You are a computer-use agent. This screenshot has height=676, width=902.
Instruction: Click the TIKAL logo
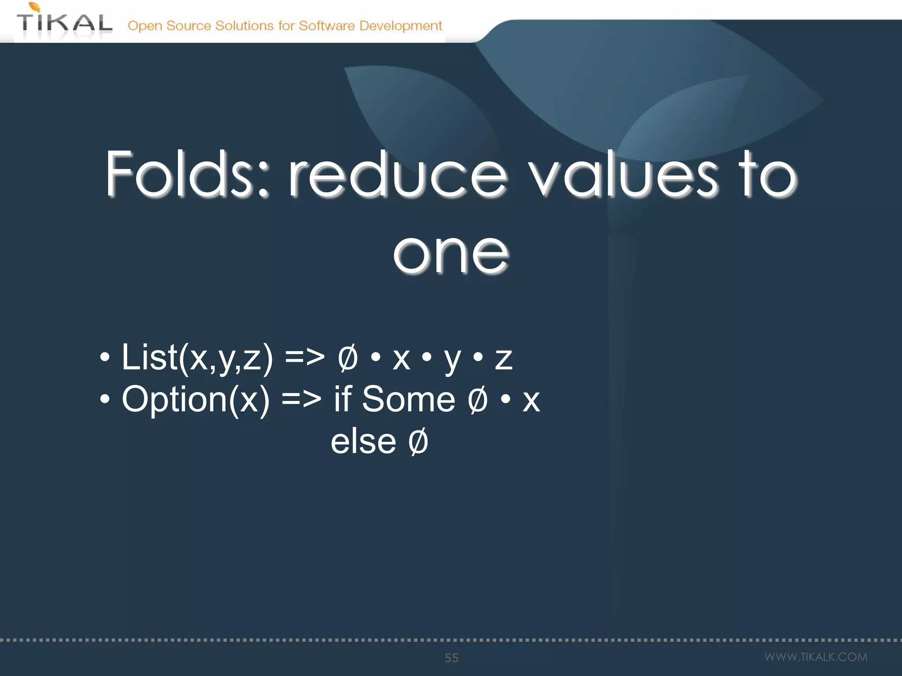[x=64, y=22]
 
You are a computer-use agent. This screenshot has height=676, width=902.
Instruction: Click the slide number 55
[x=451, y=658]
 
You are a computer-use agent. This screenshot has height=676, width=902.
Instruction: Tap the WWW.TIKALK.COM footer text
[x=816, y=657]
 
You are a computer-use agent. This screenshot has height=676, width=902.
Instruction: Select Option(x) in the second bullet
[x=196, y=399]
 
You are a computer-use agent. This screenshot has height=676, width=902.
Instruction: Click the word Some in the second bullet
[x=408, y=399]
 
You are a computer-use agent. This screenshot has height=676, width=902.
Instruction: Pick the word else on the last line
[x=363, y=441]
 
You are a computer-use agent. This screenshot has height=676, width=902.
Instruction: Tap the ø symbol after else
[x=418, y=441]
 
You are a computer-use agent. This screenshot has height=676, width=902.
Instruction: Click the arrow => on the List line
[x=304, y=357]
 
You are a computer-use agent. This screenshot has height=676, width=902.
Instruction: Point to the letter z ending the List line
[x=503, y=358]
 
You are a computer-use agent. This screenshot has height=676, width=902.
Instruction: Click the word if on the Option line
[x=343, y=399]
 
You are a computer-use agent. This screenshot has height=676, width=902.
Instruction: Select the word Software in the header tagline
[x=326, y=26]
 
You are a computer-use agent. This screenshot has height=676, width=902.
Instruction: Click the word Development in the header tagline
[x=400, y=26]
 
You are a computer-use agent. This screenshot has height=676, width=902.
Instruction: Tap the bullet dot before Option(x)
[x=104, y=399]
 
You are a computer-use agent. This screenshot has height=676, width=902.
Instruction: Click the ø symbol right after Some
[x=477, y=399]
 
